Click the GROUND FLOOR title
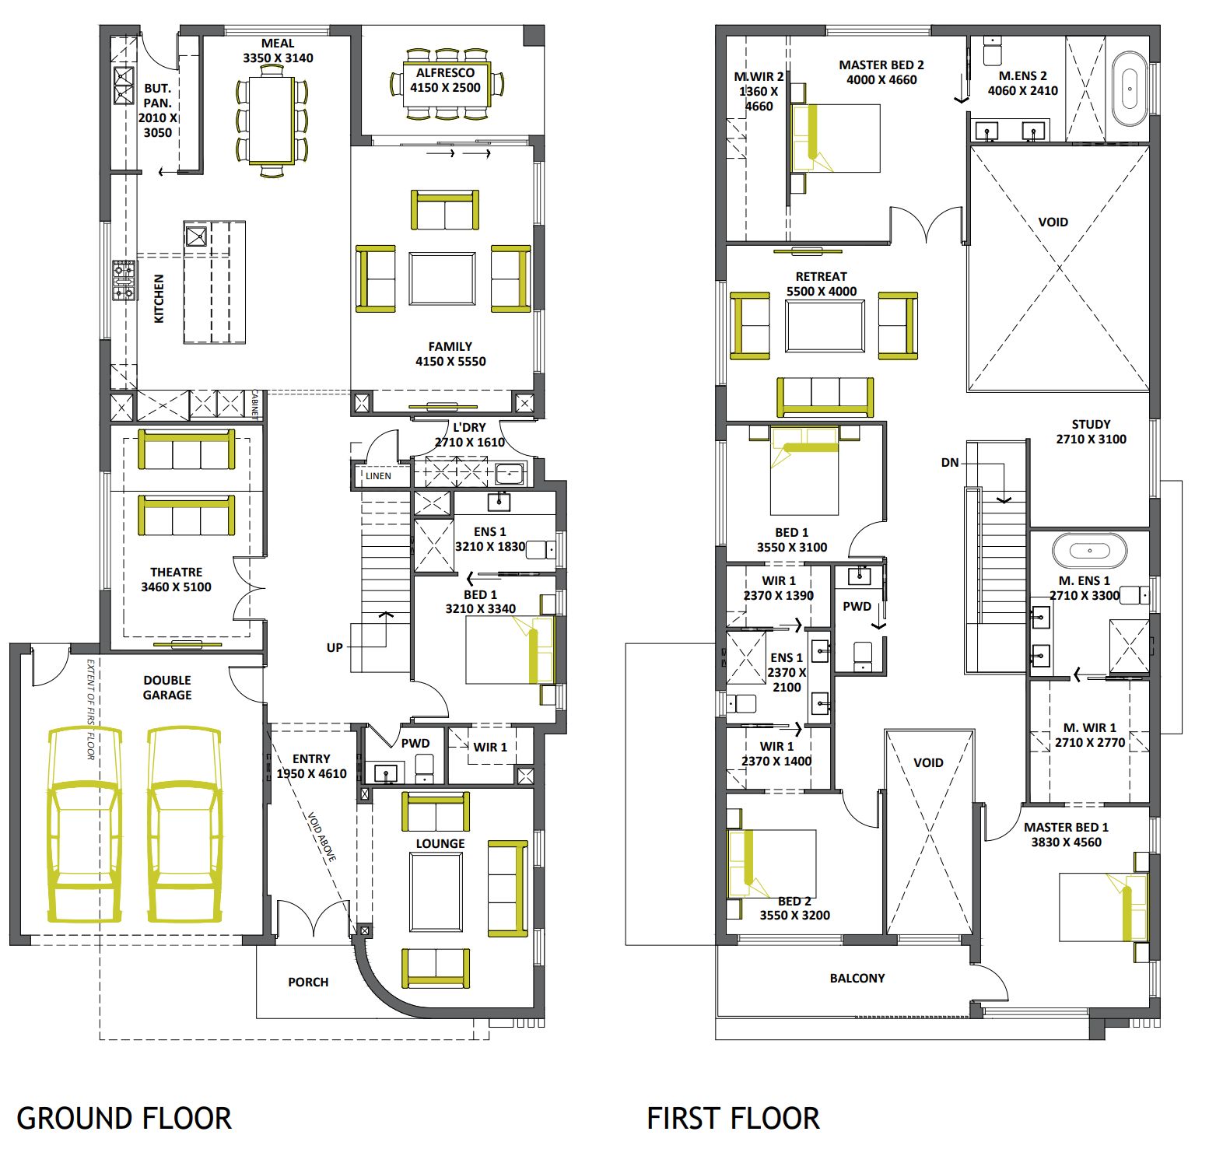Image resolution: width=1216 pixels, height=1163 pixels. click(124, 1119)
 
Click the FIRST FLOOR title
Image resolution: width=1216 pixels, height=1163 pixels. click(733, 1119)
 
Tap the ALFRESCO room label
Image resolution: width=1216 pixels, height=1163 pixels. click(445, 72)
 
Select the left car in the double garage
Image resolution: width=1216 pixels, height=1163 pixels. click(85, 825)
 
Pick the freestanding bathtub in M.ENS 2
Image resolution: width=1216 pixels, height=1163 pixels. click(1130, 89)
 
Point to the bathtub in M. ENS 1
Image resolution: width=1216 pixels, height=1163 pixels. click(1089, 551)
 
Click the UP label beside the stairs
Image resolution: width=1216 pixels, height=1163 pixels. click(335, 647)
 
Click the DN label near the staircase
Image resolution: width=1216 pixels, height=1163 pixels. click(950, 462)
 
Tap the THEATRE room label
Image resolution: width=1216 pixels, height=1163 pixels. click(176, 572)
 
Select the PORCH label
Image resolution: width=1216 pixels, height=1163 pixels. click(308, 982)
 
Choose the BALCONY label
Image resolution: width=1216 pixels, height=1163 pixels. click(857, 978)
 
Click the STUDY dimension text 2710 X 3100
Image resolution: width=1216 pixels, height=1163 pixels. click(1091, 439)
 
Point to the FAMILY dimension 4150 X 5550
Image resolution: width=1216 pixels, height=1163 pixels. click(450, 361)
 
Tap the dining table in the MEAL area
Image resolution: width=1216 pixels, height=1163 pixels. click(272, 120)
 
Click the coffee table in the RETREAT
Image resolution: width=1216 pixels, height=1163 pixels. click(825, 327)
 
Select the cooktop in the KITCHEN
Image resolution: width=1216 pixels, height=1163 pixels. click(124, 280)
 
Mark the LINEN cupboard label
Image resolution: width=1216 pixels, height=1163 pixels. click(379, 476)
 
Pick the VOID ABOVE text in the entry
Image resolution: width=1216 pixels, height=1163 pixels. click(321, 836)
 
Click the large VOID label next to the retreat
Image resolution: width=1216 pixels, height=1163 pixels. click(1053, 222)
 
